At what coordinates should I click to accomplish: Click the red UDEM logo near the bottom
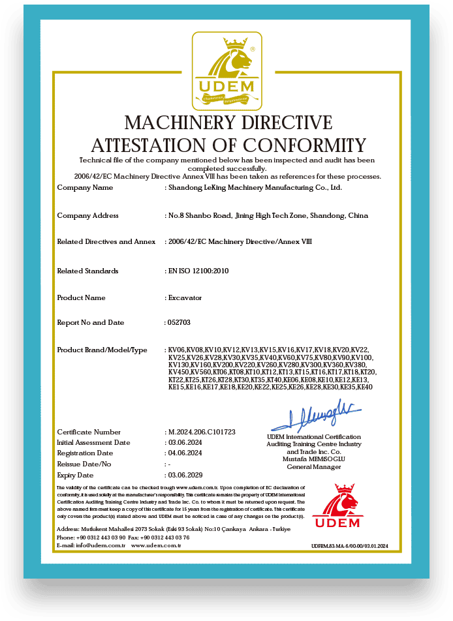coord(336,506)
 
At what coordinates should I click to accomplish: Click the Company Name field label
coord(85,188)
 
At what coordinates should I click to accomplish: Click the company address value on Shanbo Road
coord(268,215)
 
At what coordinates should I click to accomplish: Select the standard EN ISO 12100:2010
coord(199,271)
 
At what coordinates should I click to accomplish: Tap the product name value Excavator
coord(185,298)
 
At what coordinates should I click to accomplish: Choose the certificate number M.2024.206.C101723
coord(202,432)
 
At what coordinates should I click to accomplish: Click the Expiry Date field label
coord(75,476)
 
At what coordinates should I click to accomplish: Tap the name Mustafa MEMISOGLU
coord(313,459)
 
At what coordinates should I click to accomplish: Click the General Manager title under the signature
coord(313,467)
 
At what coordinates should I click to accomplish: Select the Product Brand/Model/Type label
coord(102,350)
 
